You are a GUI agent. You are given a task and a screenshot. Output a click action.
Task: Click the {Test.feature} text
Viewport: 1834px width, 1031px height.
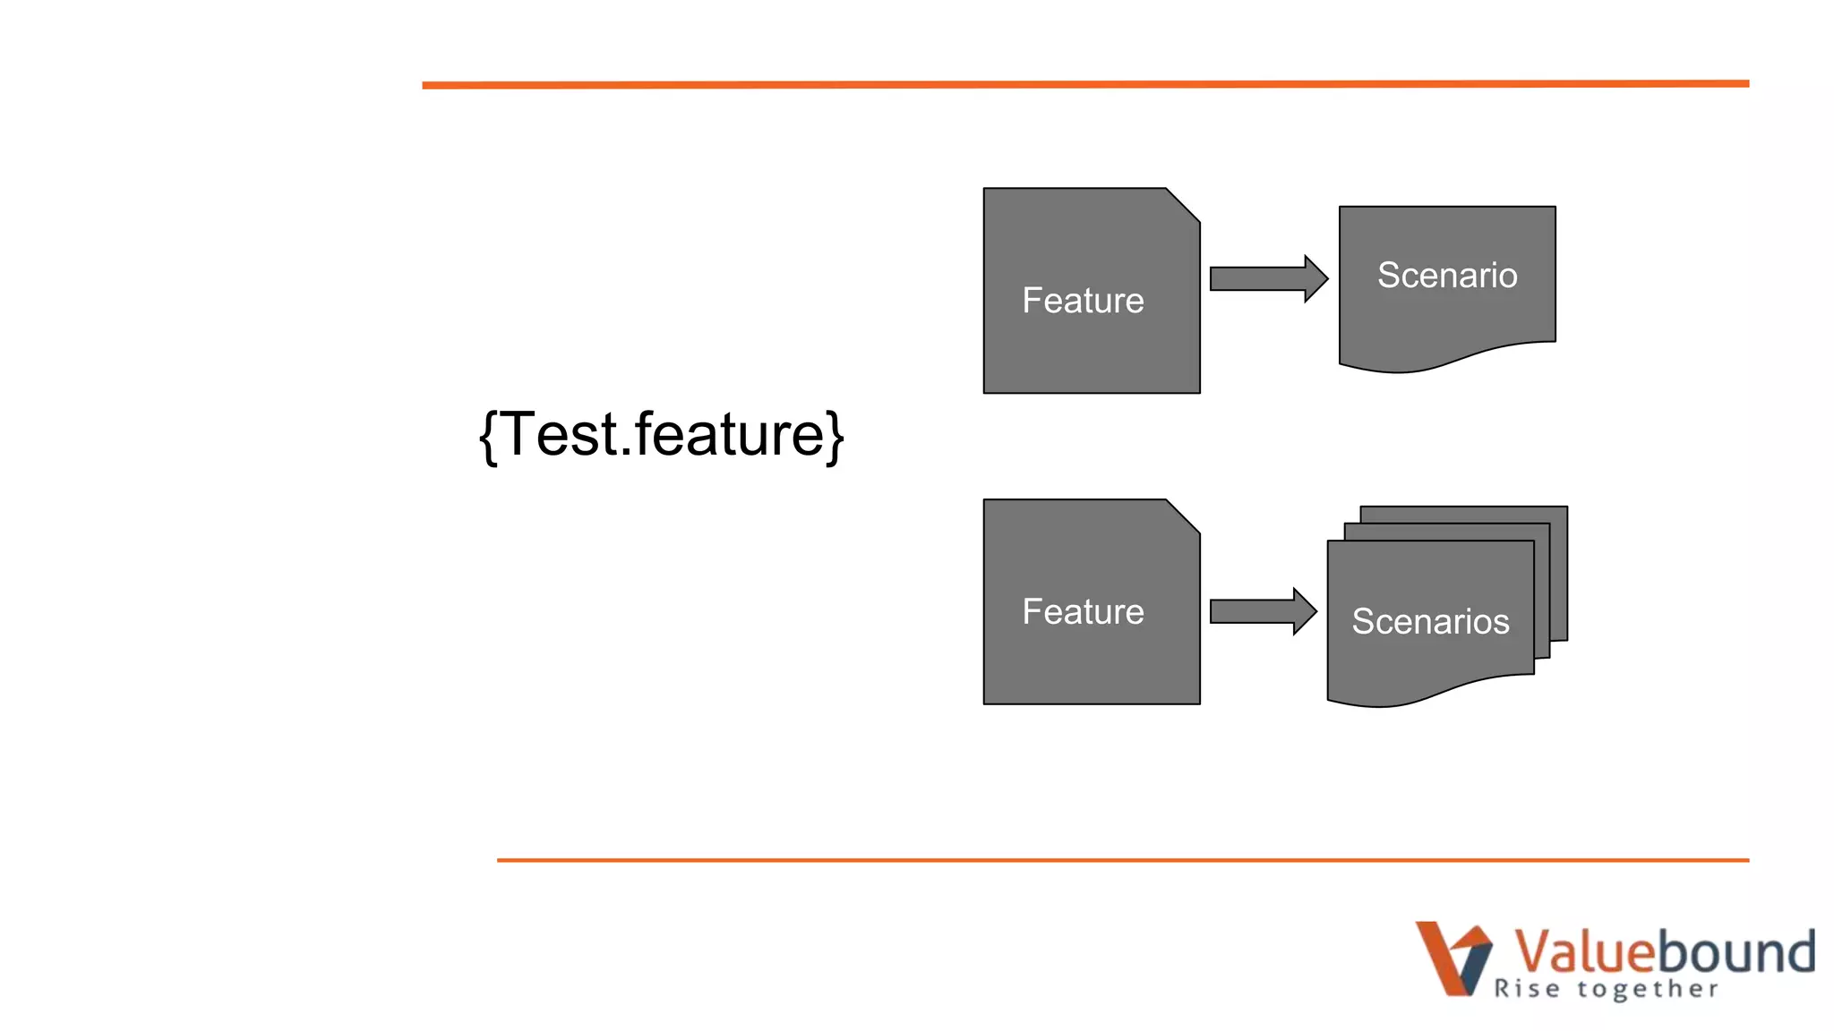661,436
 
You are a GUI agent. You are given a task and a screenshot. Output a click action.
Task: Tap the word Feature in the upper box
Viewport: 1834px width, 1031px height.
1083,301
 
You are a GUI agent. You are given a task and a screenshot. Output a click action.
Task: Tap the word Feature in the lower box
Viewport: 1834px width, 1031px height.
1083,612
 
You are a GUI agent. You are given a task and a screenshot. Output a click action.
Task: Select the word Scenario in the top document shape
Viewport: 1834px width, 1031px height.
1447,276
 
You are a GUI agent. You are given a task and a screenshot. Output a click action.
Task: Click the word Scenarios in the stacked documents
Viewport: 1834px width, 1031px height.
1430,621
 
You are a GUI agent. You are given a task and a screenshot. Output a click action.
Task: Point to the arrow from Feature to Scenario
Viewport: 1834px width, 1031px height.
1264,278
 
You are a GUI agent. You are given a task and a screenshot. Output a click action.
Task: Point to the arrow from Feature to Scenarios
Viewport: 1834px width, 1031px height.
1259,611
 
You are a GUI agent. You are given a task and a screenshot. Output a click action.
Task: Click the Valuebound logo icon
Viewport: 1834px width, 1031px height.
1453,958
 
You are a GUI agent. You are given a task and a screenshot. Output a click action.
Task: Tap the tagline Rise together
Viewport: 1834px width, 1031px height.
1606,989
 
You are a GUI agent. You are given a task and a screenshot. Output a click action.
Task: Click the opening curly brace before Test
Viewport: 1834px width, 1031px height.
489,437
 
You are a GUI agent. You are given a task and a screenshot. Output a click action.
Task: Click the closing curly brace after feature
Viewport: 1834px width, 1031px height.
835,437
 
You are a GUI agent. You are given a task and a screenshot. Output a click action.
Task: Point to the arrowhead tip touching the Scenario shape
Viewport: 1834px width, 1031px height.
1325,278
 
